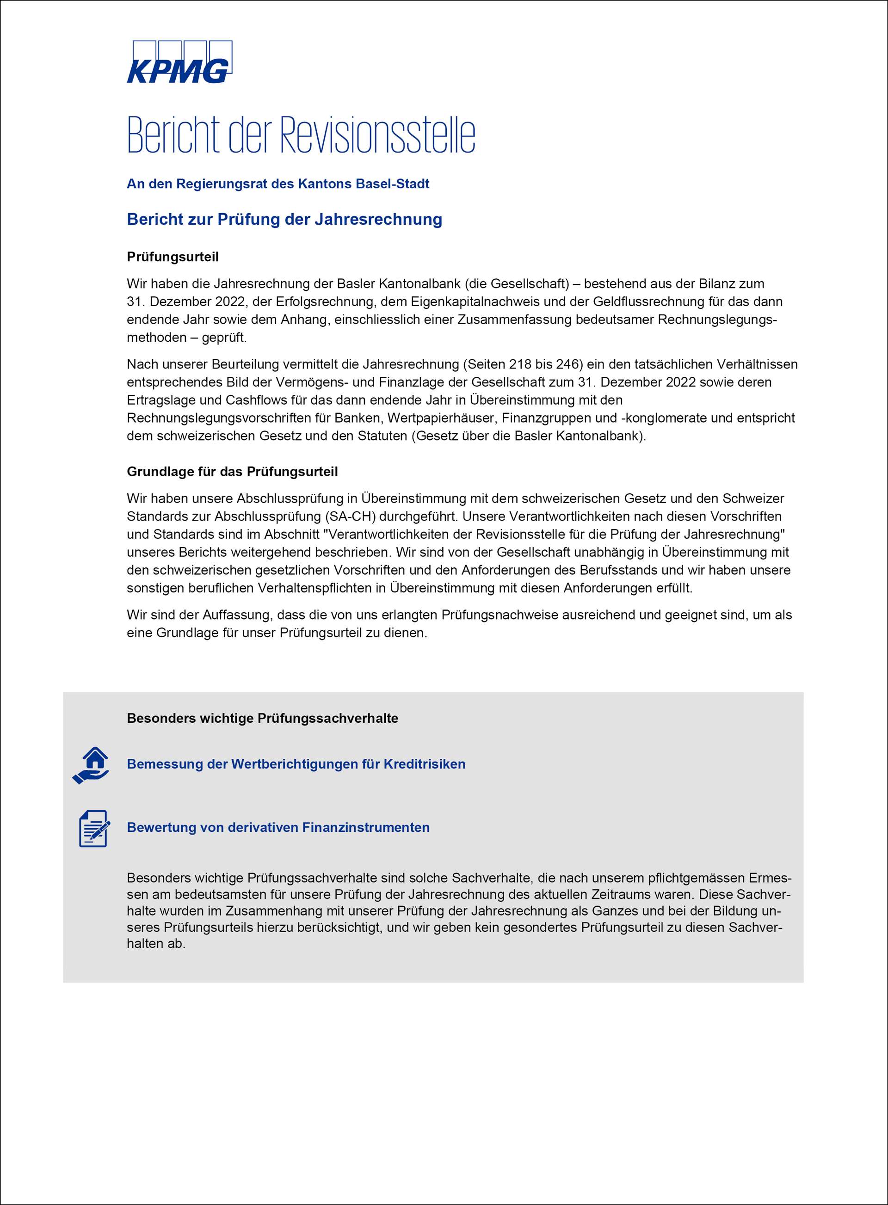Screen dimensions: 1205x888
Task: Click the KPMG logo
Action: click(179, 62)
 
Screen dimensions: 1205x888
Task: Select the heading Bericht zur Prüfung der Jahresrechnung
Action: click(284, 219)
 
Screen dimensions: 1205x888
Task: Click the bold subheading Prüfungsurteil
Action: click(173, 257)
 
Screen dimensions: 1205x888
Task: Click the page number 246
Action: click(569, 364)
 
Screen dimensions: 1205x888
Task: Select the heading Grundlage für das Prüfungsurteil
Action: click(232, 472)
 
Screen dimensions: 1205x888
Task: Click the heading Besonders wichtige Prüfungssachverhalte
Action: click(262, 719)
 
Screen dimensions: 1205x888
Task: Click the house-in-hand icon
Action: click(92, 765)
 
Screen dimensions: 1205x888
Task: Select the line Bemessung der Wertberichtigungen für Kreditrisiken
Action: click(296, 764)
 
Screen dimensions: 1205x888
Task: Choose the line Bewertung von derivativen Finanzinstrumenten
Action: click(278, 827)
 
